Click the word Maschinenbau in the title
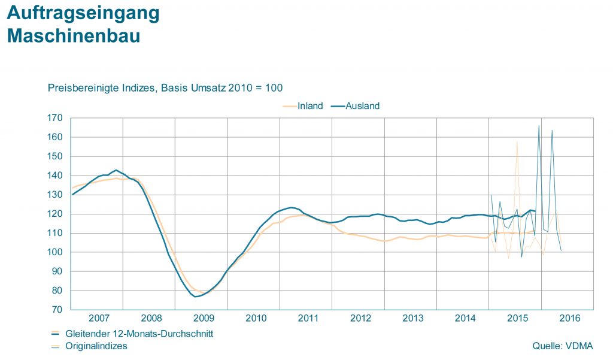point(73,36)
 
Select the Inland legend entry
point(310,106)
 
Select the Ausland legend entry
point(363,106)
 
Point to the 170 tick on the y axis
point(56,118)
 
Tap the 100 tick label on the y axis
point(56,252)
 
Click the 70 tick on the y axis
point(58,310)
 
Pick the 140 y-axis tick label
point(56,176)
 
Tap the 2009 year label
point(204,317)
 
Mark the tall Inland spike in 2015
point(517,142)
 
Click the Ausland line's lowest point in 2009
point(196,297)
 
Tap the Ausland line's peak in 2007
point(116,170)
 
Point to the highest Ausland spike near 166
point(539,126)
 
